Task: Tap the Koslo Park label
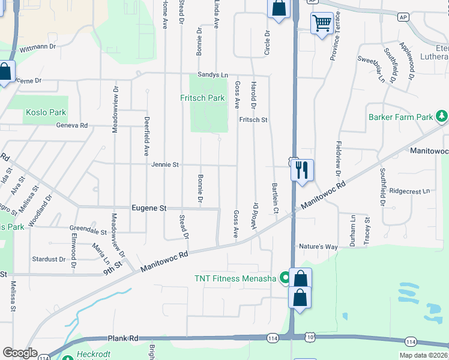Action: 46,112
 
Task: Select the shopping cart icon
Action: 322,24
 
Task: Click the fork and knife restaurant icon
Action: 301,169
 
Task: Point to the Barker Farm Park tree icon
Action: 442,115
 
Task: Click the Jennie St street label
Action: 165,164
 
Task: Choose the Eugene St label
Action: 148,208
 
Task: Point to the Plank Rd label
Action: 122,338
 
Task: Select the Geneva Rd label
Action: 72,125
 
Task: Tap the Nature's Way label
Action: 318,247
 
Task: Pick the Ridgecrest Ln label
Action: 410,191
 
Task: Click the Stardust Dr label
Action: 49,259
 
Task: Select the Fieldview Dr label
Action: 338,162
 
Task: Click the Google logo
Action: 20,353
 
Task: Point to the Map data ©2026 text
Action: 423,355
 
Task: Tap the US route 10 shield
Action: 310,340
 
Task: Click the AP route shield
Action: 402,17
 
